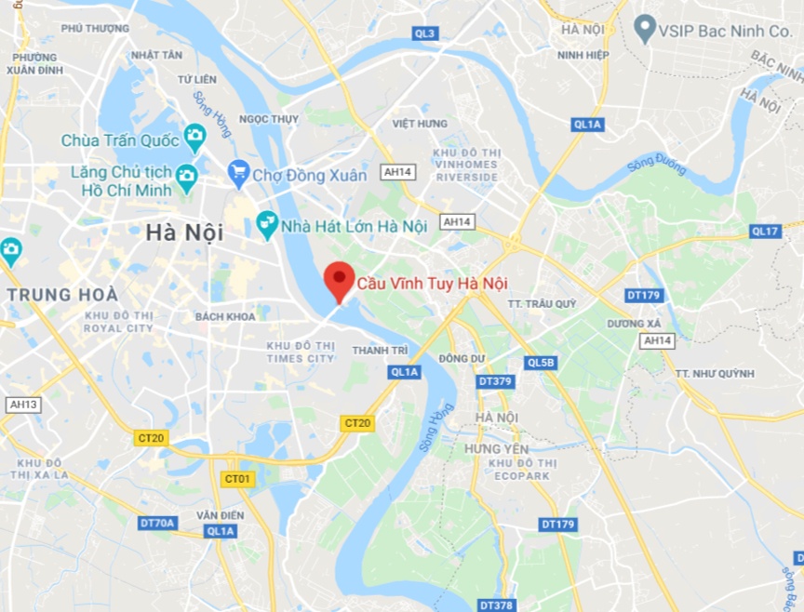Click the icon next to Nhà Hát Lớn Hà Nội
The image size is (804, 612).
click(267, 224)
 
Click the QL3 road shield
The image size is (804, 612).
click(425, 33)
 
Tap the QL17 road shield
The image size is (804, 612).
click(765, 231)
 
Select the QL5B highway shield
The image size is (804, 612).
click(540, 363)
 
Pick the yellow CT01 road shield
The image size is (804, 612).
click(237, 479)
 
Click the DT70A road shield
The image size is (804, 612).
click(157, 523)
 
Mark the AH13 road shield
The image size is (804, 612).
click(22, 405)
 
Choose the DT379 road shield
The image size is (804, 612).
click(495, 381)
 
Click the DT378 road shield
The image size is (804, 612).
click(496, 605)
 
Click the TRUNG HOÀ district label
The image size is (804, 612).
click(63, 295)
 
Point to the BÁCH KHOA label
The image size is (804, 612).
click(225, 317)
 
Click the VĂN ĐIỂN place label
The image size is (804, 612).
click(220, 514)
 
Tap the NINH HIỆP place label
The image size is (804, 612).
click(583, 55)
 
